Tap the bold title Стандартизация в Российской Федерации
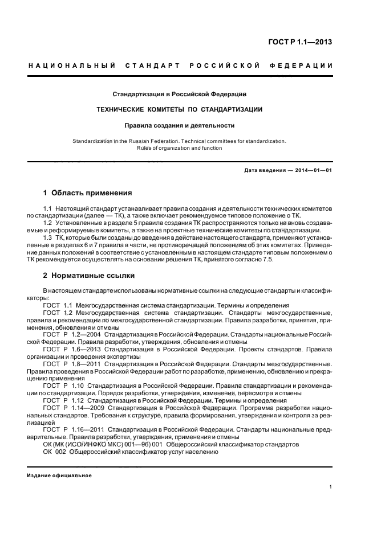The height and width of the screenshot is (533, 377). (x=179, y=93)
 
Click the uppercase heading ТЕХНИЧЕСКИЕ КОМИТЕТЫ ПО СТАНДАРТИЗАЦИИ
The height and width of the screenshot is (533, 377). (x=179, y=109)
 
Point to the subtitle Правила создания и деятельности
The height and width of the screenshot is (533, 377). (x=180, y=125)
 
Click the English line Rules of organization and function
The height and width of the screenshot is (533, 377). (x=179, y=148)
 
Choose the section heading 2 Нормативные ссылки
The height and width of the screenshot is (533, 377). (x=89, y=276)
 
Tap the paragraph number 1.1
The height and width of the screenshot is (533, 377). (x=47, y=210)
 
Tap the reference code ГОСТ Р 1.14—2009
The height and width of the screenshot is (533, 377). (x=80, y=408)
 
